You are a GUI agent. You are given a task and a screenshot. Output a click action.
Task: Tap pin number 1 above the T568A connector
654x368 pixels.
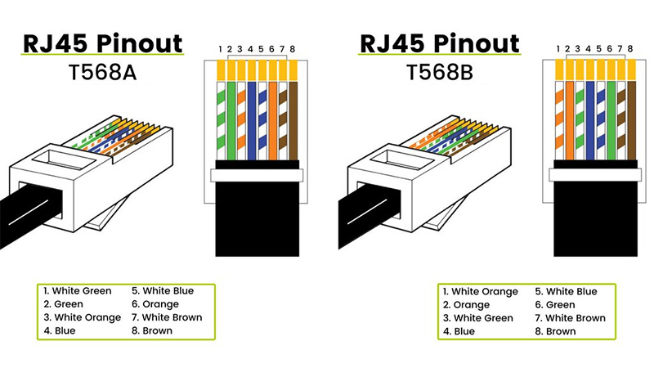coord(221,51)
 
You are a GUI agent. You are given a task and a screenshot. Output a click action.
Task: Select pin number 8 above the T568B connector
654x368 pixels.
coord(629,51)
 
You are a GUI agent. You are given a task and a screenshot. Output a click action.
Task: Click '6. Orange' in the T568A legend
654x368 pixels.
coord(156,304)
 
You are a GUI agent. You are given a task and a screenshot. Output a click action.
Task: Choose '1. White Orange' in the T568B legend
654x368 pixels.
coord(481,291)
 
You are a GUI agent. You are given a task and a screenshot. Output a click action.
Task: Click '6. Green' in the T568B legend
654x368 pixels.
coord(560,304)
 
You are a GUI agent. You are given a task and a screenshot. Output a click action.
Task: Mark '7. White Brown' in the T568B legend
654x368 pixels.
coord(571,318)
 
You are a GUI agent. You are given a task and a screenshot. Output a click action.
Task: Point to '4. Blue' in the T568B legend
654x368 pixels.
coord(459,331)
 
